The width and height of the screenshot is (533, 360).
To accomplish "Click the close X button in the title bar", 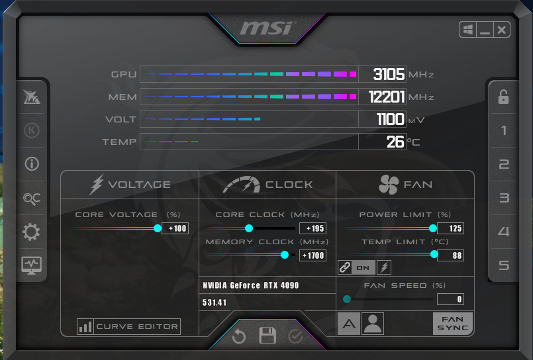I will tap(502, 30).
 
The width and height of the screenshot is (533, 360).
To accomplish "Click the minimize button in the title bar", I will tap(485, 30).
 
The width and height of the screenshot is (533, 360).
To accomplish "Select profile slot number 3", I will tap(504, 198).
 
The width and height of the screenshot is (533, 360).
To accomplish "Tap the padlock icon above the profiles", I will tap(504, 97).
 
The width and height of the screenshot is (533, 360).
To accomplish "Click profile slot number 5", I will tap(504, 265).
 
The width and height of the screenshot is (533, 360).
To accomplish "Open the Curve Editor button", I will tap(129, 326).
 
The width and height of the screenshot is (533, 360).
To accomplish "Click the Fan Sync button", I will tap(453, 324).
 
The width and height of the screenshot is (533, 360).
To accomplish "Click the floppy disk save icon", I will tap(267, 336).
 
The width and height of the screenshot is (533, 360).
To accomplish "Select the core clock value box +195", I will tap(313, 228).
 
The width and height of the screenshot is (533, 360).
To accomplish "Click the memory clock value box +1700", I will tap(313, 255).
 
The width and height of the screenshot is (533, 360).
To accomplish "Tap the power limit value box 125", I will tap(450, 228).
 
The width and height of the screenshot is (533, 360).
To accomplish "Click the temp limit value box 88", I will tap(450, 255).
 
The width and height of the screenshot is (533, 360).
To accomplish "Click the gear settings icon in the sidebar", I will tap(32, 232).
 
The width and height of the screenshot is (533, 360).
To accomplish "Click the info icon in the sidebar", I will tap(32, 164).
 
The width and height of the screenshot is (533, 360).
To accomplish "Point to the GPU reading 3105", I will tap(388, 74).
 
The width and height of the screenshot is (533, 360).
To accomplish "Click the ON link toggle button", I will tap(363, 267).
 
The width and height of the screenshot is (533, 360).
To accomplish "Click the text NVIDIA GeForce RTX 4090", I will tap(251, 285).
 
